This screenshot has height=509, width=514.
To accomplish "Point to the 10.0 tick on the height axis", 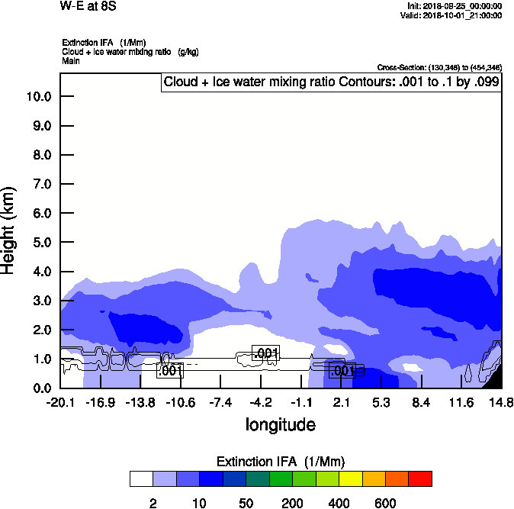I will (39, 97).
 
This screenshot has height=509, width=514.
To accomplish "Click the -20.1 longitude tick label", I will (60, 402).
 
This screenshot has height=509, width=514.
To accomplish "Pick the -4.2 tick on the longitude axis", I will (261, 402).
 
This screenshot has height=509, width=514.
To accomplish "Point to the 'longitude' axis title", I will (280, 424).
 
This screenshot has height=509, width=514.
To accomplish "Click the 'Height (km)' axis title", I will (10, 230).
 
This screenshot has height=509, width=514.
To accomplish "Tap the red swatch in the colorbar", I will (420, 478).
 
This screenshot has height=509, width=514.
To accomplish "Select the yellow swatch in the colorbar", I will (350, 478).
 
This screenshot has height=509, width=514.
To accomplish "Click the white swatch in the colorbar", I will (141, 478).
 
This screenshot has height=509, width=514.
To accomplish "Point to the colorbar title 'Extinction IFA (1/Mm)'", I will (280, 462).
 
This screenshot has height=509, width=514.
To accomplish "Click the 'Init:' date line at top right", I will (455, 6).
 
